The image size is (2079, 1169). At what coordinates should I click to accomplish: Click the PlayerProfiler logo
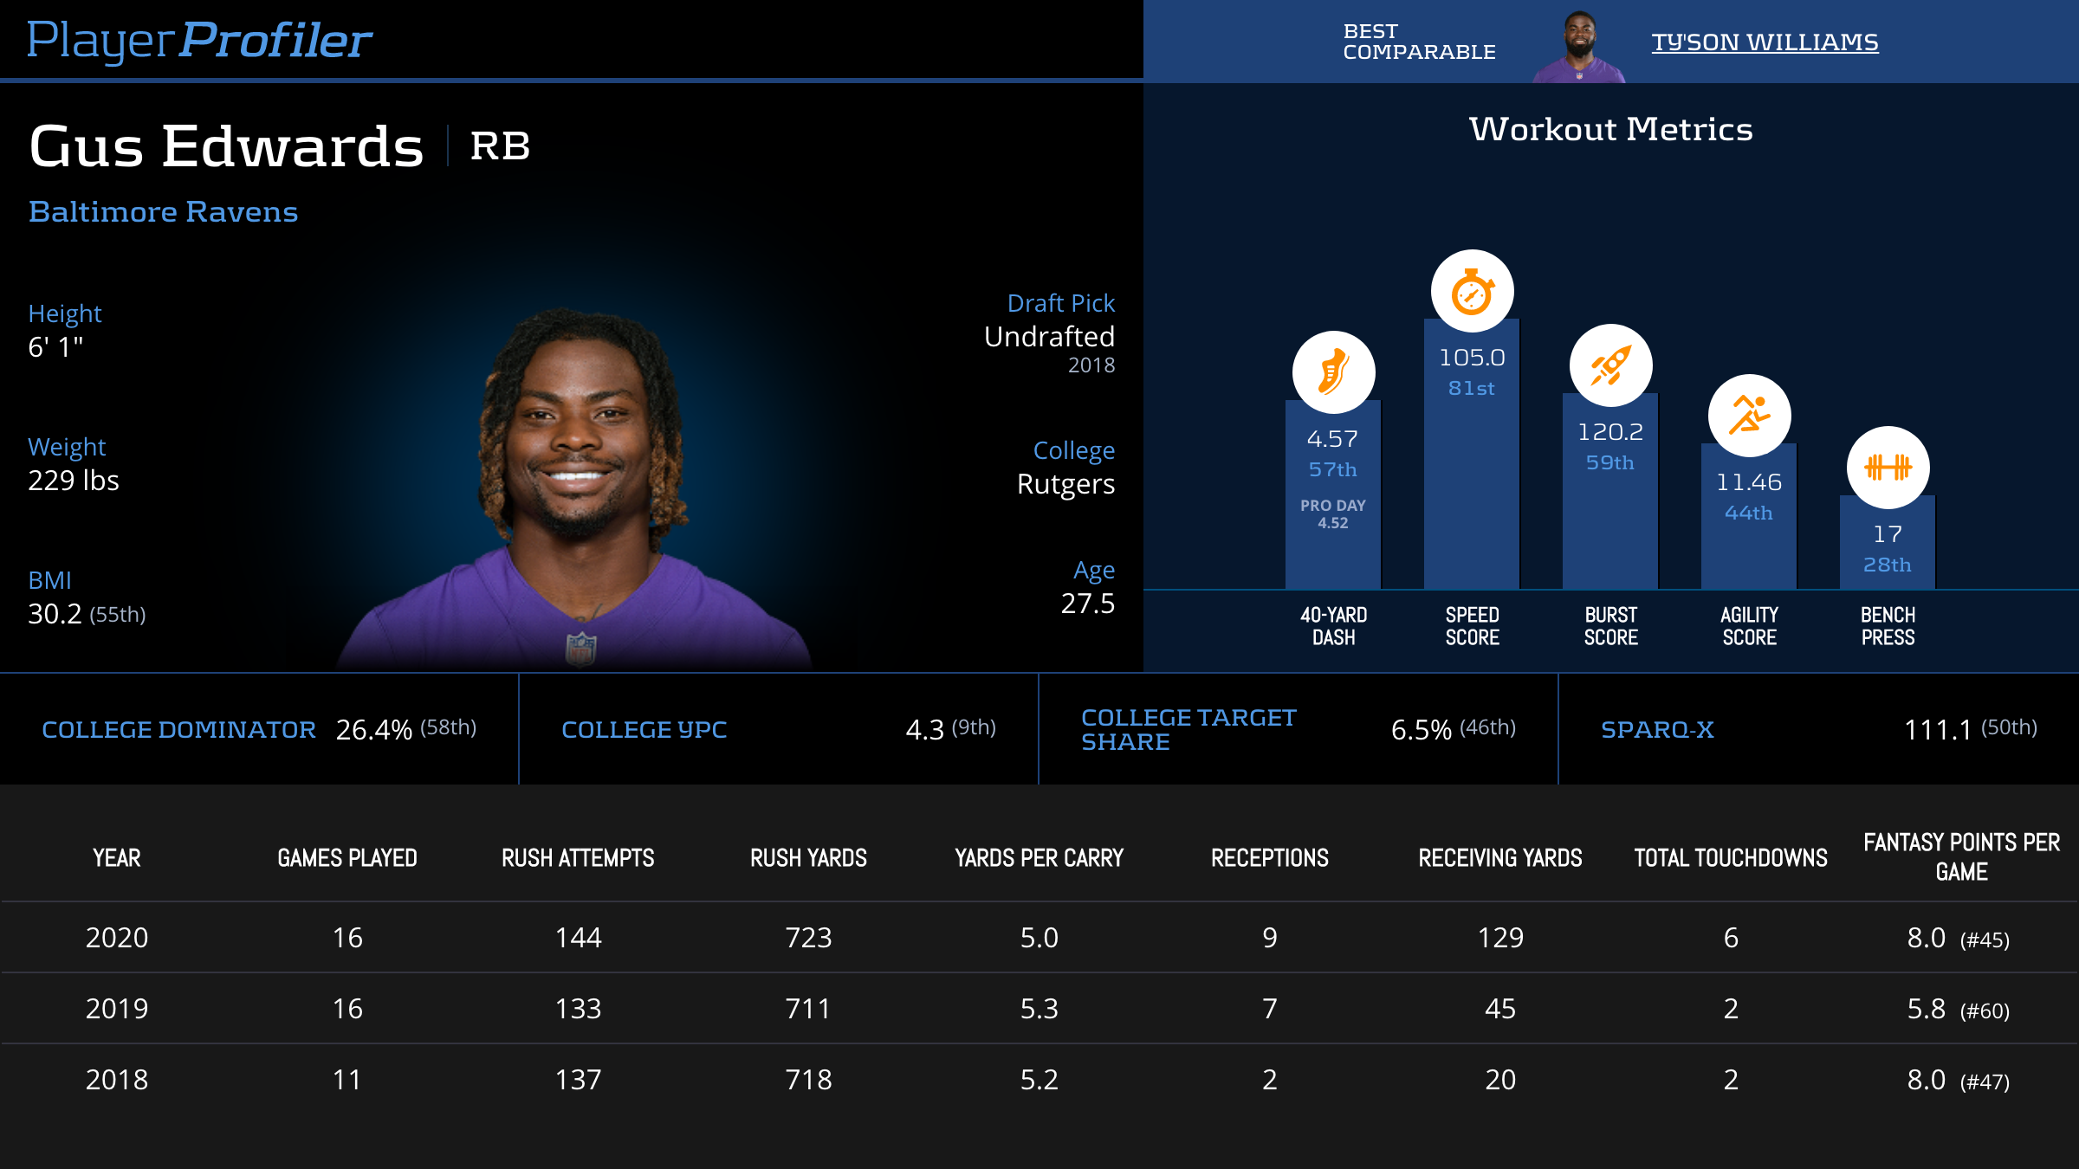pyautogui.click(x=199, y=40)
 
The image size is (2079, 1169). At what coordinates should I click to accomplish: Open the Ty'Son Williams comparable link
pyautogui.click(x=1765, y=42)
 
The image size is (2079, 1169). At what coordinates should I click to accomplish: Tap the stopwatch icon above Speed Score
pyautogui.click(x=1472, y=292)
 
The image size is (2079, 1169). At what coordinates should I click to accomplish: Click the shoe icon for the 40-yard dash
pyautogui.click(x=1333, y=372)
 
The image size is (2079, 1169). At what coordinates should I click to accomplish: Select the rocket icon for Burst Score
pyautogui.click(x=1610, y=365)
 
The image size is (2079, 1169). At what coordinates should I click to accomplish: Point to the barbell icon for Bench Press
pyautogui.click(x=1888, y=468)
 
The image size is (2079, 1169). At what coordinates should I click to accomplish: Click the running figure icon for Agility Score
pyautogui.click(x=1749, y=415)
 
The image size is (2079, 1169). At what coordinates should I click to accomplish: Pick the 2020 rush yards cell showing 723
pyautogui.click(x=808, y=938)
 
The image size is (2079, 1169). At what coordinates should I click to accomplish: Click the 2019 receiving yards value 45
pyautogui.click(x=1499, y=1009)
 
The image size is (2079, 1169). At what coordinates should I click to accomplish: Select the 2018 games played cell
pyautogui.click(x=347, y=1080)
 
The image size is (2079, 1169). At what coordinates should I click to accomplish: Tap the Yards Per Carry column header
pyautogui.click(x=1039, y=858)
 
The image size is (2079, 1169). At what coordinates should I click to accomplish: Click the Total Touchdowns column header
pyautogui.click(x=1730, y=858)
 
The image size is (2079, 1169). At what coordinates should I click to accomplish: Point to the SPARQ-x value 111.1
pyautogui.click(x=1937, y=730)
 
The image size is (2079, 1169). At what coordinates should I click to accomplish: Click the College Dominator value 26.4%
pyautogui.click(x=373, y=730)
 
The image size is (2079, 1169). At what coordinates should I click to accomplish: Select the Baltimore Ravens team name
pyautogui.click(x=163, y=212)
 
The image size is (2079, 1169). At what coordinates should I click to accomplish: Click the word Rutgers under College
pyautogui.click(x=1065, y=484)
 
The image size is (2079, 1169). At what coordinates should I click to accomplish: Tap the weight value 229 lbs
pyautogui.click(x=74, y=481)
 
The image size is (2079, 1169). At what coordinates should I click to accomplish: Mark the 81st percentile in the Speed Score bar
pyautogui.click(x=1472, y=389)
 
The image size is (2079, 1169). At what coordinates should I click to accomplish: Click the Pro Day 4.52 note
pyautogui.click(x=1332, y=514)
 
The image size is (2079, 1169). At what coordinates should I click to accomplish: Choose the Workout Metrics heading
pyautogui.click(x=1610, y=130)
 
